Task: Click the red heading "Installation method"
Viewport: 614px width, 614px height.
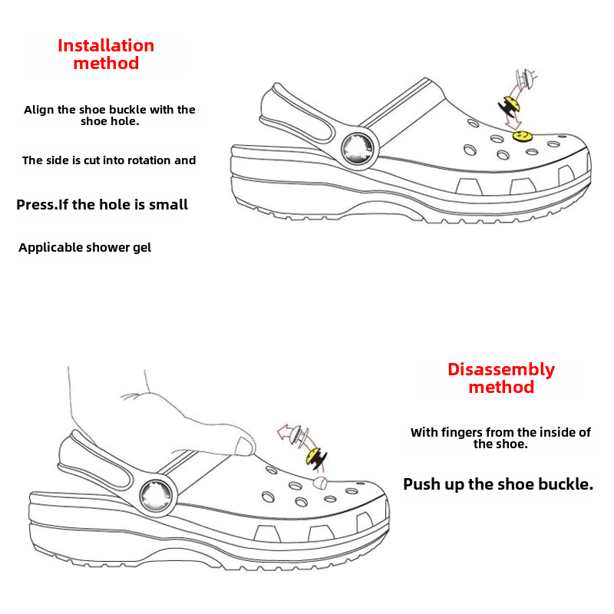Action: [x=106, y=54]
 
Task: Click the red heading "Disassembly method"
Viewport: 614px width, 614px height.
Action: [x=501, y=378]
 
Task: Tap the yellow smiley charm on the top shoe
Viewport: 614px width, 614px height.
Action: [x=523, y=137]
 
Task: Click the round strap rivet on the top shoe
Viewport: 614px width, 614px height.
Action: [x=355, y=147]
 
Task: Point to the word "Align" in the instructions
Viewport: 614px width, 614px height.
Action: [x=39, y=110]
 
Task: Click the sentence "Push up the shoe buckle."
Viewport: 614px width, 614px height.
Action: [x=498, y=484]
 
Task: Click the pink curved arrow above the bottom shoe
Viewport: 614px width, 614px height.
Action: [x=288, y=434]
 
